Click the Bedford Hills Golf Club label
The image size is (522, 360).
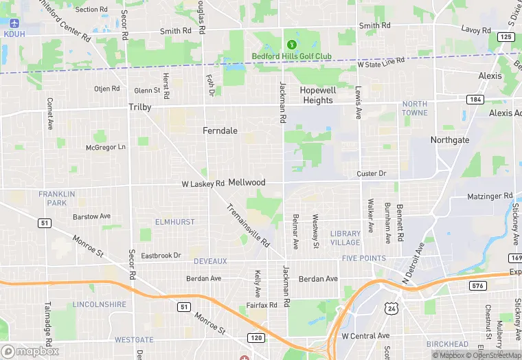point(291,56)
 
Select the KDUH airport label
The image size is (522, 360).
point(13,34)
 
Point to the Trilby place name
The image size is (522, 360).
point(139,107)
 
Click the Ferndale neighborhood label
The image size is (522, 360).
point(220,130)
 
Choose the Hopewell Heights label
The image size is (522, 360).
point(317,95)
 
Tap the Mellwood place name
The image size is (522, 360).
point(247,183)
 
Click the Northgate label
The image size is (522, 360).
point(449,140)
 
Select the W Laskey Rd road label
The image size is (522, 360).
point(203,184)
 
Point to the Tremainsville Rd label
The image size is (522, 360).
point(248,226)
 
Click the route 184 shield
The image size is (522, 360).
point(475,100)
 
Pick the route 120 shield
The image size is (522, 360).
point(256,338)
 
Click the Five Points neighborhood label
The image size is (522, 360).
point(363,258)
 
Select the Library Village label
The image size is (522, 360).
point(345,238)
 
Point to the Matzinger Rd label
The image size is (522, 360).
point(490,196)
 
